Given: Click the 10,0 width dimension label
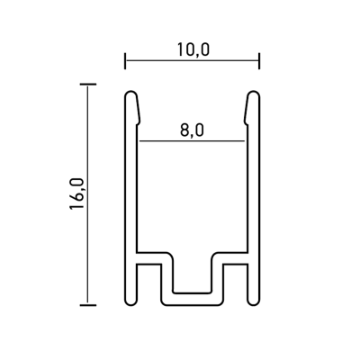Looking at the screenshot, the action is [x=193, y=49].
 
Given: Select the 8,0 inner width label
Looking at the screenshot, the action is [x=192, y=130].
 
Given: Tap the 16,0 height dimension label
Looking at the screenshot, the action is [x=76, y=193].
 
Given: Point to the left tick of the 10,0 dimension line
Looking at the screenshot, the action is [x=125, y=61].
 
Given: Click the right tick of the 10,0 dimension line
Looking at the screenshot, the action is [x=259, y=61].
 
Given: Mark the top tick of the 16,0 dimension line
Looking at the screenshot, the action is [x=88, y=85].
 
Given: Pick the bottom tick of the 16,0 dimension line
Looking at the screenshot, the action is [x=88, y=305].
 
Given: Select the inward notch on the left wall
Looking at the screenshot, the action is [x=139, y=122].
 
